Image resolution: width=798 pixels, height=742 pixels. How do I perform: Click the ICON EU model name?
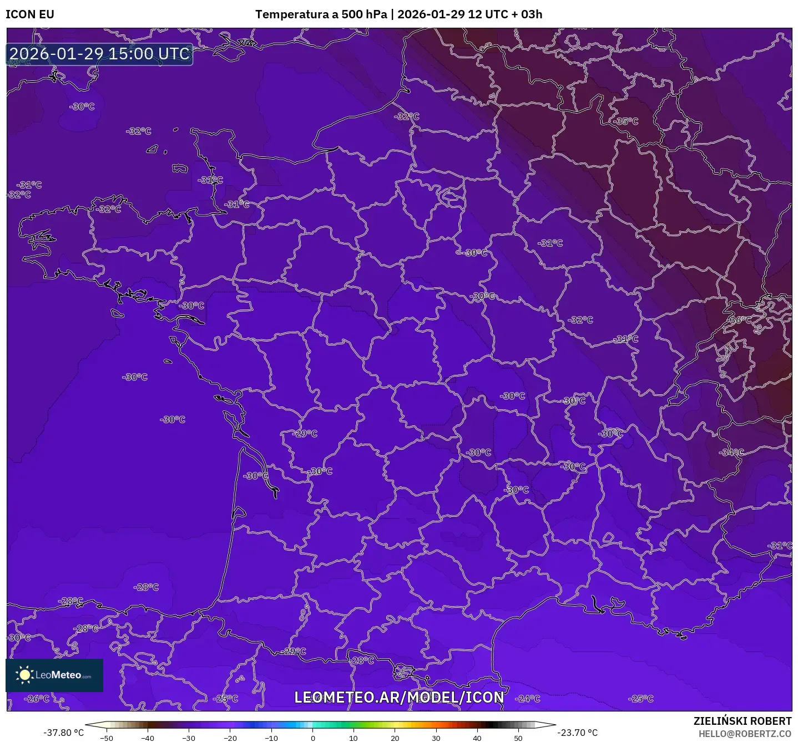pyautogui.click(x=30, y=14)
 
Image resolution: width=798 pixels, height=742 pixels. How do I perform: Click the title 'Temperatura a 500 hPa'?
pyautogui.click(x=321, y=14)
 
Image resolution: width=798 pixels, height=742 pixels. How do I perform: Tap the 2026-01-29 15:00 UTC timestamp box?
pyautogui.click(x=100, y=54)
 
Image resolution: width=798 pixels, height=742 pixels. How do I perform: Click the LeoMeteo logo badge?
pyautogui.click(x=54, y=675)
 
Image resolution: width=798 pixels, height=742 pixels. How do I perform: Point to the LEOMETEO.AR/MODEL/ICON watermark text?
pyautogui.click(x=399, y=697)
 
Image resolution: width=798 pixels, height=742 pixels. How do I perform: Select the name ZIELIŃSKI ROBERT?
pyautogui.click(x=742, y=721)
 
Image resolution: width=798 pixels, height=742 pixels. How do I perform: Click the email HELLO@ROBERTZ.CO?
pyautogui.click(x=745, y=734)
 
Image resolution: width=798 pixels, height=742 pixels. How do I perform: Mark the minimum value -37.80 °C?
pyautogui.click(x=64, y=733)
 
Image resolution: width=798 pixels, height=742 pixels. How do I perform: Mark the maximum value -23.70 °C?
pyautogui.click(x=577, y=733)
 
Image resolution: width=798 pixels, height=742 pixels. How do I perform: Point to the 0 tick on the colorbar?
pyautogui.click(x=312, y=738)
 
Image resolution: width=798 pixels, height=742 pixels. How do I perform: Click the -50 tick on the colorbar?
pyautogui.click(x=106, y=738)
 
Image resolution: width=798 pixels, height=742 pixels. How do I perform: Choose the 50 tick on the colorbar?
pyautogui.click(x=518, y=738)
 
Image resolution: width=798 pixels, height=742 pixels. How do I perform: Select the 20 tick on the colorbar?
pyautogui.click(x=395, y=738)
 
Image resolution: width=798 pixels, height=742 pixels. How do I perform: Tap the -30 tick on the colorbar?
pyautogui.click(x=189, y=738)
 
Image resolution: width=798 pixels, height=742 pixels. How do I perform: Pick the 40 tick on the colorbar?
pyautogui.click(x=477, y=738)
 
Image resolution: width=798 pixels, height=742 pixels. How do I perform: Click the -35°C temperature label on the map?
pyautogui.click(x=626, y=121)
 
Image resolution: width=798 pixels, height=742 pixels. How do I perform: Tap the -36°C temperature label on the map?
pyautogui.click(x=740, y=320)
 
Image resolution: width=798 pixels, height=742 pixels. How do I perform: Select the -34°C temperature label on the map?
pyautogui.click(x=731, y=453)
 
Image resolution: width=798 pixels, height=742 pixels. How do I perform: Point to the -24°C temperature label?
pyautogui.click(x=527, y=699)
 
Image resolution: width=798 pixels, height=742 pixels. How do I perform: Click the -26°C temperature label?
pyautogui.click(x=38, y=699)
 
